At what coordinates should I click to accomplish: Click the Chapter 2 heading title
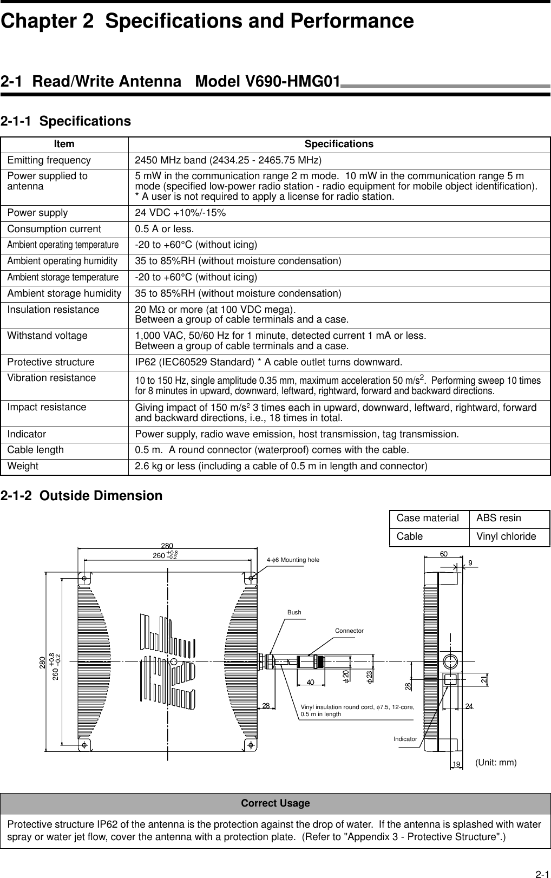coord(207,22)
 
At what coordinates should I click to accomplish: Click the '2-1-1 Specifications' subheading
coord(65,121)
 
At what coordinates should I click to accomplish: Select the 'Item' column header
coord(64,145)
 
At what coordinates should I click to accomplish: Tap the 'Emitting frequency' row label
coord(49,161)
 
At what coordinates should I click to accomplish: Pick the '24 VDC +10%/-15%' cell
coord(180,213)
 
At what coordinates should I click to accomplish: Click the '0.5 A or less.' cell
coord(164,230)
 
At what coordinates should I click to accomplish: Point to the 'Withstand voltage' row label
coord(47,336)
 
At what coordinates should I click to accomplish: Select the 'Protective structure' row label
coord(50,362)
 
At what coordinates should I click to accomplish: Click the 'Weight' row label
coord(23,467)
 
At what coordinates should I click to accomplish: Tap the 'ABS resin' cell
coord(498,519)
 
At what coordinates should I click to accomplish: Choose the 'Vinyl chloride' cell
coord(506,537)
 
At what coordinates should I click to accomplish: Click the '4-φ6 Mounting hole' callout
coord(293,560)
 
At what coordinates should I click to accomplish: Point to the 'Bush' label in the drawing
coord(294,613)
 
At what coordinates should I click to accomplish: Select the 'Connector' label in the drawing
coord(349,631)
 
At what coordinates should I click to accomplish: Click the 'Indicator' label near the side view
coord(405,739)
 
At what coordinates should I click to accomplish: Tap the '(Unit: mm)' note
coord(496,763)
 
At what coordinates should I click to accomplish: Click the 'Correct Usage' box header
coord(275,803)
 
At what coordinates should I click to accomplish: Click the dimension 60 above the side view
coord(444,554)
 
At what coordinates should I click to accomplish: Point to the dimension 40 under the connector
coord(311,682)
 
